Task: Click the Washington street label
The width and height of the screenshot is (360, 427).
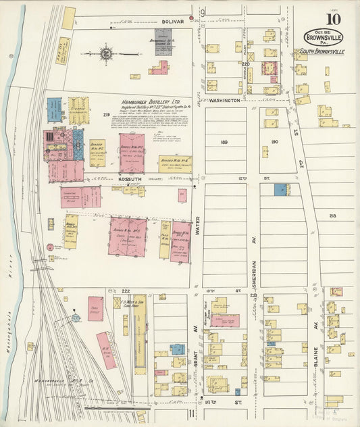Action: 223,100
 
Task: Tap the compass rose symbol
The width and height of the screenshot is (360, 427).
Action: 107,51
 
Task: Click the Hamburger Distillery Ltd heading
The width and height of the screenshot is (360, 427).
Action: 149,97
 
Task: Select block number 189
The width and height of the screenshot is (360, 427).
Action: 224,143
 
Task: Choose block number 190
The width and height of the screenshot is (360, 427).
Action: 274,142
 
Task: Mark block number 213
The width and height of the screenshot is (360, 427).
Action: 332,216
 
